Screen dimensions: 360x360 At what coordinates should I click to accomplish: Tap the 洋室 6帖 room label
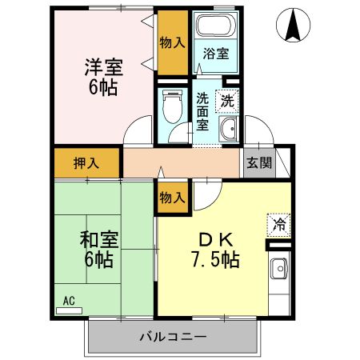102,76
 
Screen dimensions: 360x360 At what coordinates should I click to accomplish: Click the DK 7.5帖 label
215,249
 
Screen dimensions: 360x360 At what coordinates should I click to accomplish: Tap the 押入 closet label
87,163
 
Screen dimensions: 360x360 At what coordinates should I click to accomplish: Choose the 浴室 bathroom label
215,54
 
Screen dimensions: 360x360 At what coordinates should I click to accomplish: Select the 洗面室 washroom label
202,113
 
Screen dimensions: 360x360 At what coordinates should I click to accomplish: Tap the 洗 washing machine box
227,101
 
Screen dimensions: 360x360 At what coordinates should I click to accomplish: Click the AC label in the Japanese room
69,301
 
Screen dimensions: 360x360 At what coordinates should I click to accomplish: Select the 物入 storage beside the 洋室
171,42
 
